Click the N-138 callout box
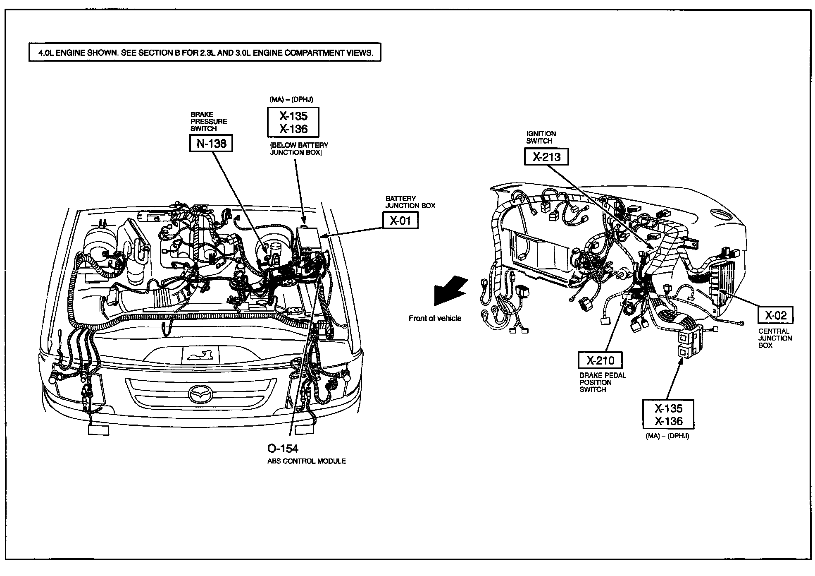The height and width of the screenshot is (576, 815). tap(211, 144)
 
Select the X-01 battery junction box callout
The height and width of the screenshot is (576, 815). tap(400, 221)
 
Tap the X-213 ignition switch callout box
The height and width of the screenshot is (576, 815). tap(546, 157)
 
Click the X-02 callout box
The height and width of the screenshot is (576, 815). tap(775, 316)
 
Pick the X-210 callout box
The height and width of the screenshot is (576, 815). tap(600, 360)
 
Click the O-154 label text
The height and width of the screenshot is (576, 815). tap(283, 449)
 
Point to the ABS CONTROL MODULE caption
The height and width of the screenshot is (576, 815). tap(306, 461)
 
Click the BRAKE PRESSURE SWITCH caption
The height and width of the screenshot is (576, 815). tap(209, 121)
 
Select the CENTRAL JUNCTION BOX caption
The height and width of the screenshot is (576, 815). tap(775, 338)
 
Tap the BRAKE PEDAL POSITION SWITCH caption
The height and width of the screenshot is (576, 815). tap(603, 382)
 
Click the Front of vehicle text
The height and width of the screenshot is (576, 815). tap(435, 318)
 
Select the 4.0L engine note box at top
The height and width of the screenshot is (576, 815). tap(205, 53)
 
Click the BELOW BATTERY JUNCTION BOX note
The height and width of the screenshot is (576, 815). tap(299, 149)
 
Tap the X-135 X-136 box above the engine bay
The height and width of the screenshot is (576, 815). tap(293, 122)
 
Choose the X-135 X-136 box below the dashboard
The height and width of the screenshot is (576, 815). tap(668, 414)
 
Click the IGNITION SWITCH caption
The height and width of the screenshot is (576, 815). tap(541, 137)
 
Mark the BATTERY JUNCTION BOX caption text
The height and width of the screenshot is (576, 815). tap(410, 202)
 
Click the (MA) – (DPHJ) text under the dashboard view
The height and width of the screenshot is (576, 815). tap(667, 436)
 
